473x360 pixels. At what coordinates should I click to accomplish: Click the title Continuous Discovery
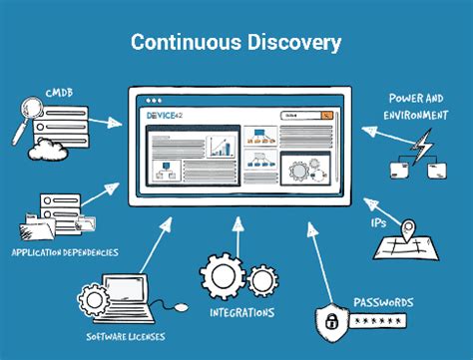[236, 43]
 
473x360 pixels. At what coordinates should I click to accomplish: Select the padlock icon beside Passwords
[331, 320]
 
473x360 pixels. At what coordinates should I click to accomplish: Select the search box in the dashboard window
[305, 117]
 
